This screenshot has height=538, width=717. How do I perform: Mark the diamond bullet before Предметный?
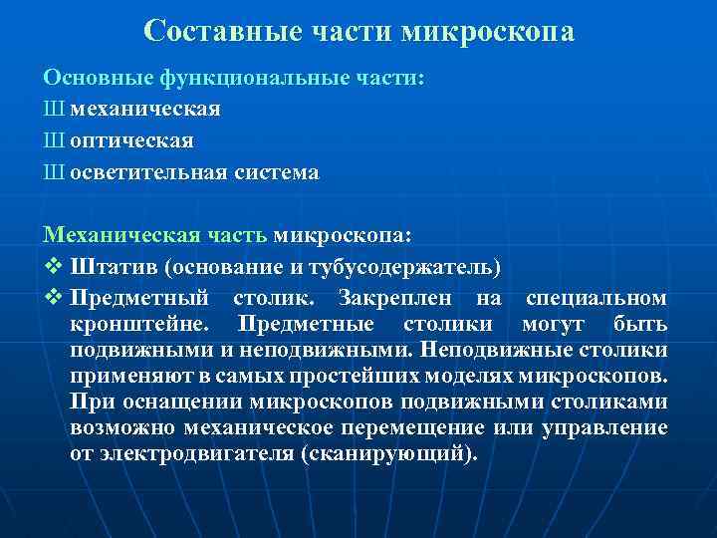[52, 298]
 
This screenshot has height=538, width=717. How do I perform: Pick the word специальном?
[597, 298]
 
